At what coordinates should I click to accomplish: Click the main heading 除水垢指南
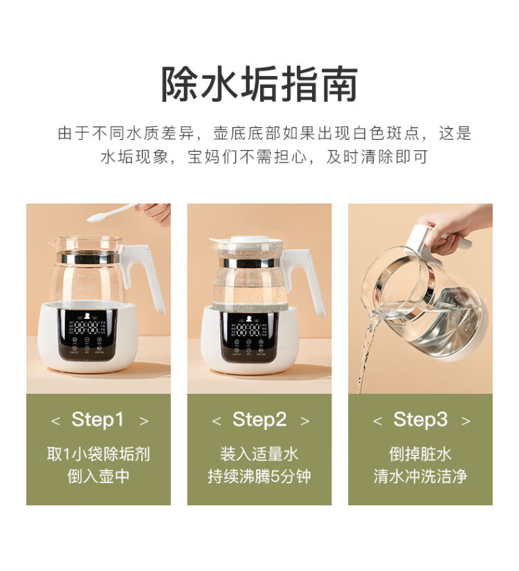pos(259,84)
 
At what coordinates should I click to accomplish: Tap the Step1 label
pos(98,419)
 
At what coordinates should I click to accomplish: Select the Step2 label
pos(259,419)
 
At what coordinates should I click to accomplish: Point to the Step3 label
pos(420,419)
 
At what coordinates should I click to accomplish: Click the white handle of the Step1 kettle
pos(146,274)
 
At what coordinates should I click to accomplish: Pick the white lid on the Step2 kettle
pos(246,241)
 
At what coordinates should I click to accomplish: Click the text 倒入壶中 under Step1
pos(98,476)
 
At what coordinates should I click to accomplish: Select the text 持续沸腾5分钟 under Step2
pos(259,476)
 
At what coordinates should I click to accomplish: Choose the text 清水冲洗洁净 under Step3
pos(420,476)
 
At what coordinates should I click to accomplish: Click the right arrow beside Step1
pos(144,422)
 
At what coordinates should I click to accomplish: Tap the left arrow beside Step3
pos(377,422)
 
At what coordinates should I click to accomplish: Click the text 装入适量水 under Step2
pos(259,454)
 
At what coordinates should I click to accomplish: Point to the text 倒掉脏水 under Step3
pos(420,454)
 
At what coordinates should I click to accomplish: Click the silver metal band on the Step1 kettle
pos(91,258)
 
